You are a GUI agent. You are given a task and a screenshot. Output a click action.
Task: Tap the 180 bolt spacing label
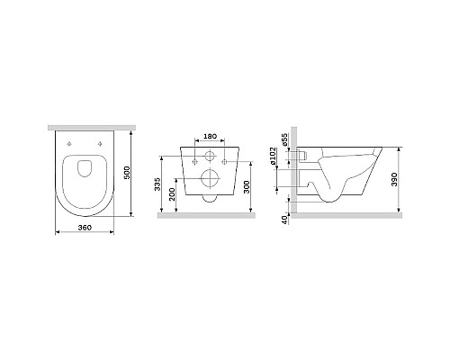210,137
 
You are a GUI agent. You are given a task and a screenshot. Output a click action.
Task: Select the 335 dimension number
158,185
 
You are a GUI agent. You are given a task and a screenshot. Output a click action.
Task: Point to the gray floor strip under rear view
209,216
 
